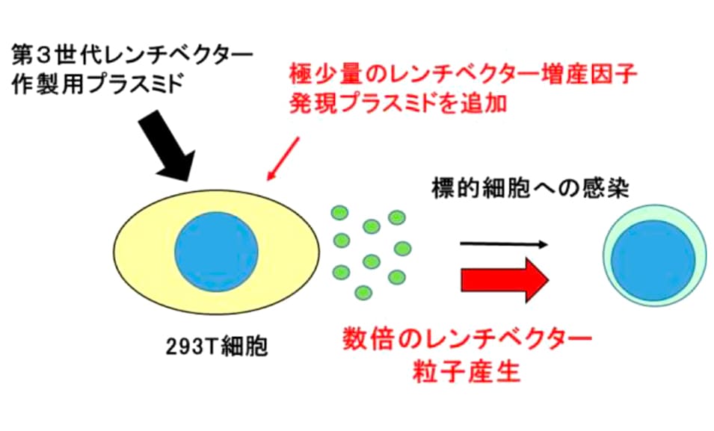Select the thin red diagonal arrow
point(283,158)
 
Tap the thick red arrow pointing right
point(505,280)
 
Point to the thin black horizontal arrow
point(504,244)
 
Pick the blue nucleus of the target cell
point(653,261)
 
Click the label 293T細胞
point(216,347)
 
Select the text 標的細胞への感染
point(531,188)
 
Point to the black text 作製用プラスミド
point(96,85)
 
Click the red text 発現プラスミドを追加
point(398,104)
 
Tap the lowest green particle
point(363,292)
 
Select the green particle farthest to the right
point(402,249)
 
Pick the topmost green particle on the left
point(339,213)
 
